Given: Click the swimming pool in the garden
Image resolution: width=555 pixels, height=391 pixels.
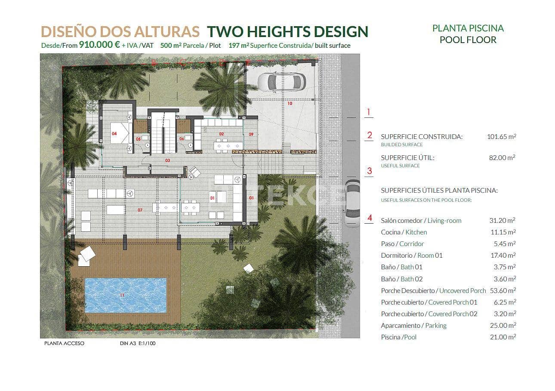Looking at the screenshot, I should tap(125, 295).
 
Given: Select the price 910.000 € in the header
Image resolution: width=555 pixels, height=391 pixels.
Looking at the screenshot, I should tap(99, 45).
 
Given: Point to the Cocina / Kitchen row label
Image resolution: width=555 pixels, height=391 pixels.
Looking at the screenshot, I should tap(404, 232).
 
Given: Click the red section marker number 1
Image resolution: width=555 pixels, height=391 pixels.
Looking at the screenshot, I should tap(368, 113).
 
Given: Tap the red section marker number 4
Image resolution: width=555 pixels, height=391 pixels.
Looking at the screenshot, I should tap(369, 218).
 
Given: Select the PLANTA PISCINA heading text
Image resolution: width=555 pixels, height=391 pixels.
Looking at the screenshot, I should tap(468, 28).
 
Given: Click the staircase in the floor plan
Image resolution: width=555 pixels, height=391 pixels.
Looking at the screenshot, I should tap(163, 134).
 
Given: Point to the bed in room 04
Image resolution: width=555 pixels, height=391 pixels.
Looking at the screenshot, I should tap(120, 133).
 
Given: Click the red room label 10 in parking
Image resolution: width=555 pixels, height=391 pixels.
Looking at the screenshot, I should tap(290, 104).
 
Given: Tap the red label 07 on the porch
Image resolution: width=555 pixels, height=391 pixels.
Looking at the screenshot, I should tap(140, 210).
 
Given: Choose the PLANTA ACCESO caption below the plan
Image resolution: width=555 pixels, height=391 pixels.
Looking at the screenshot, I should tap(64, 344).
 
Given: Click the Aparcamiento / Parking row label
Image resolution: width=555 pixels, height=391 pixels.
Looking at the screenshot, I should tap(413, 325).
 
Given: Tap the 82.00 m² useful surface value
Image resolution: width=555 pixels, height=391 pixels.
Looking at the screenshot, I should tap(503, 157).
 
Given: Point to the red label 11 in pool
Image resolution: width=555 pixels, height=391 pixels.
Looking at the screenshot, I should tap(122, 295).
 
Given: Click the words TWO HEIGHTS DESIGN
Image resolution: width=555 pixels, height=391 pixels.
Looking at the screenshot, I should tap(287, 31).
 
